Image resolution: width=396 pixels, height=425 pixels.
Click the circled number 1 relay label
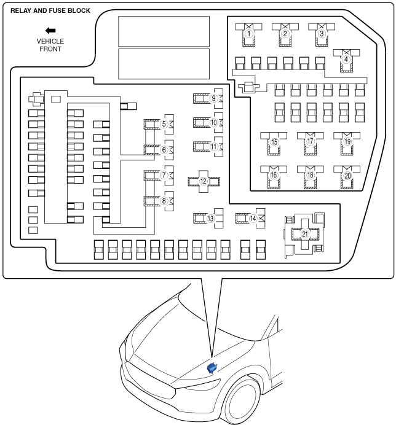coord(249,34)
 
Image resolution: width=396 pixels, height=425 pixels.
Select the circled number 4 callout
coord(346,60)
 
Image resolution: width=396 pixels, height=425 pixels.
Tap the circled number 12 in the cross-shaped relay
coord(204,181)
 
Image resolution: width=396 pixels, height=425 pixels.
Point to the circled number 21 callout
coord(305,234)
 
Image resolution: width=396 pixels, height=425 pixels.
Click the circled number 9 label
coord(214,98)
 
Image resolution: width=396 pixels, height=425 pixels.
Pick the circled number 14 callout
coord(253,218)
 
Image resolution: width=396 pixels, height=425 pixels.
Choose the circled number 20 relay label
coord(347,176)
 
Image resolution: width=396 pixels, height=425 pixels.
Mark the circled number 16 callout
coord(274,175)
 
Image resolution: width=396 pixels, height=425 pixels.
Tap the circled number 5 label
coord(164,124)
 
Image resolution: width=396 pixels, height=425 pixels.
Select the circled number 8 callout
coord(164,201)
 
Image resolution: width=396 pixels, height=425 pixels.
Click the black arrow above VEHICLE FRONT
coord(50,31)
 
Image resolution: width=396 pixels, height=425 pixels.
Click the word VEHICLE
coord(50,42)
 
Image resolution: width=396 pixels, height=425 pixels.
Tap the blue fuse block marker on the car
coord(212,368)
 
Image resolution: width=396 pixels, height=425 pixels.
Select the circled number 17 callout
coord(311,141)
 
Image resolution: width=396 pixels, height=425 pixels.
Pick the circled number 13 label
coord(210,219)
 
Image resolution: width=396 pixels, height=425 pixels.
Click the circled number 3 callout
coord(322,34)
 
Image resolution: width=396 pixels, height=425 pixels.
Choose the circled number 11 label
coord(214,147)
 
